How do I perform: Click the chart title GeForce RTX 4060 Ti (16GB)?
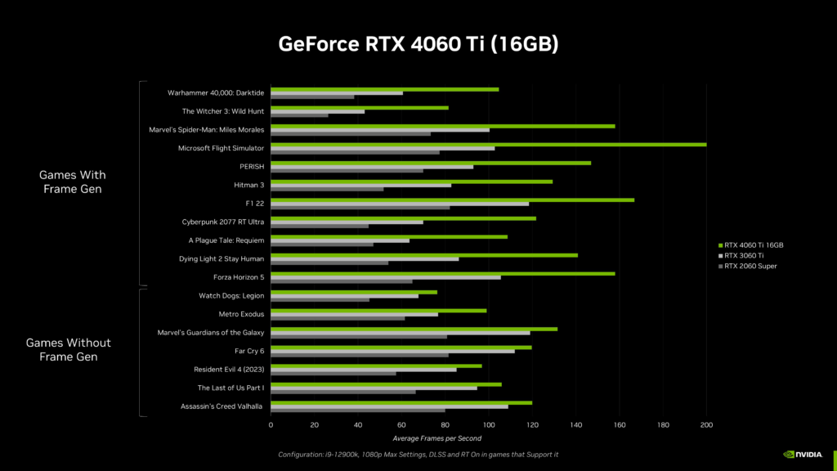(418, 43)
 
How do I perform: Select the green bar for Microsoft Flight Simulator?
(488, 144)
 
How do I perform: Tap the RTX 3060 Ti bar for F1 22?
(400, 204)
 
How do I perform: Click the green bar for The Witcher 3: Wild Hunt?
(360, 107)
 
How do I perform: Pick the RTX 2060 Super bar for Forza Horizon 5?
(342, 281)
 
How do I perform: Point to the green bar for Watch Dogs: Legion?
(354, 292)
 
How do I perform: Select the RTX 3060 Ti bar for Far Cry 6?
(392, 351)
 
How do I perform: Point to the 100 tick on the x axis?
(489, 425)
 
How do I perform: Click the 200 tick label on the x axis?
(707, 425)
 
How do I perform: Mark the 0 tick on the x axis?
(271, 425)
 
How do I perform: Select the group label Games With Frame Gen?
(73, 182)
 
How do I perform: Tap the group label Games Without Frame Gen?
(69, 349)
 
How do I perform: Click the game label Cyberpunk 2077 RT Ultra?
(222, 222)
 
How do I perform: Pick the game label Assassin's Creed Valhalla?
(222, 406)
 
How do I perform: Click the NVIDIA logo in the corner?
(804, 455)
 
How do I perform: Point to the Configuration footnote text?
(418, 455)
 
